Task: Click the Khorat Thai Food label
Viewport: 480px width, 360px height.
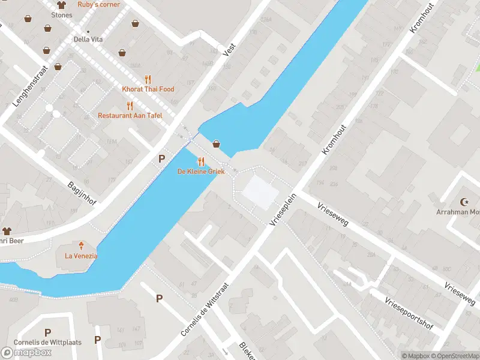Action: (x=148, y=89)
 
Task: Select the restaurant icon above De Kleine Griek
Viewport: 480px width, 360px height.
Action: (x=201, y=161)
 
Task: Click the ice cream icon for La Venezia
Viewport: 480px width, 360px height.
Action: (x=81, y=245)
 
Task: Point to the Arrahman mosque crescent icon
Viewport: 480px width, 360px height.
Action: (x=464, y=202)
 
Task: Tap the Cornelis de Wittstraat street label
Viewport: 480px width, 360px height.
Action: (x=205, y=309)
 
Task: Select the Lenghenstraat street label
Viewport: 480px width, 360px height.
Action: (x=28, y=86)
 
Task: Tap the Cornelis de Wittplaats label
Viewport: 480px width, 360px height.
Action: (x=39, y=343)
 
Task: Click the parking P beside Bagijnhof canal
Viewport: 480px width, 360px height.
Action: (x=161, y=159)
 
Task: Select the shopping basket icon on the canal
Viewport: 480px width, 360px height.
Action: (x=216, y=144)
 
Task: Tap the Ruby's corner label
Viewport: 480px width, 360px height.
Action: (x=98, y=4)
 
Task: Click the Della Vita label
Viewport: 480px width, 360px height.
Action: (x=89, y=40)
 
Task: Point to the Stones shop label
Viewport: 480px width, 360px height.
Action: (x=61, y=15)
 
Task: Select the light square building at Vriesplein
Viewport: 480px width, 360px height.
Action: (x=260, y=192)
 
